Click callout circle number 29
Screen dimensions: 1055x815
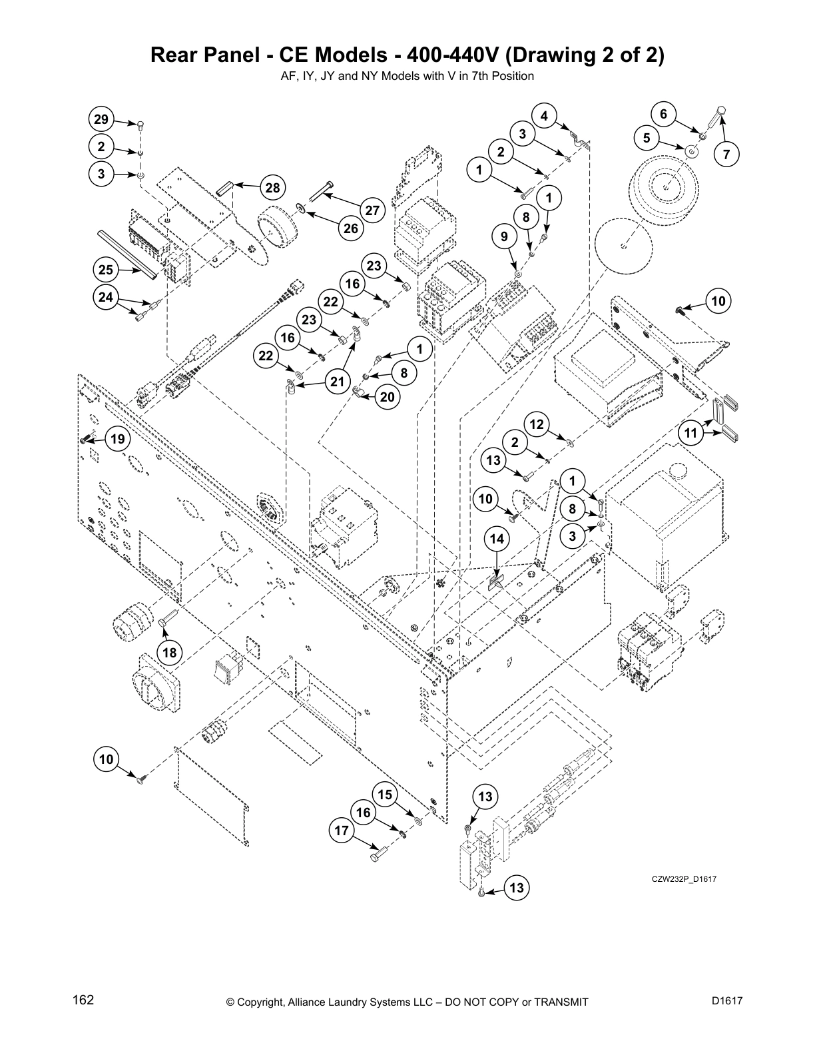[101, 120]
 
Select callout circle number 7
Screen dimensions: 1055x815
[726, 155]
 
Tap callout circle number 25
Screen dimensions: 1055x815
[106, 270]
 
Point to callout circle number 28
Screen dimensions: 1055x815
[273, 188]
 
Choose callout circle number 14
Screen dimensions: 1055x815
[497, 538]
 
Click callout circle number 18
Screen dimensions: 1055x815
[170, 652]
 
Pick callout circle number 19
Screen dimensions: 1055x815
[118, 439]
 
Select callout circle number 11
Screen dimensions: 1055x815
[692, 434]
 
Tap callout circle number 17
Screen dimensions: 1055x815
[342, 831]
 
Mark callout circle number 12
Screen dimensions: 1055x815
[537, 424]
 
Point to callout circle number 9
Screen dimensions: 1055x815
[504, 236]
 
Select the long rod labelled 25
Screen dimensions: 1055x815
[127, 254]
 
